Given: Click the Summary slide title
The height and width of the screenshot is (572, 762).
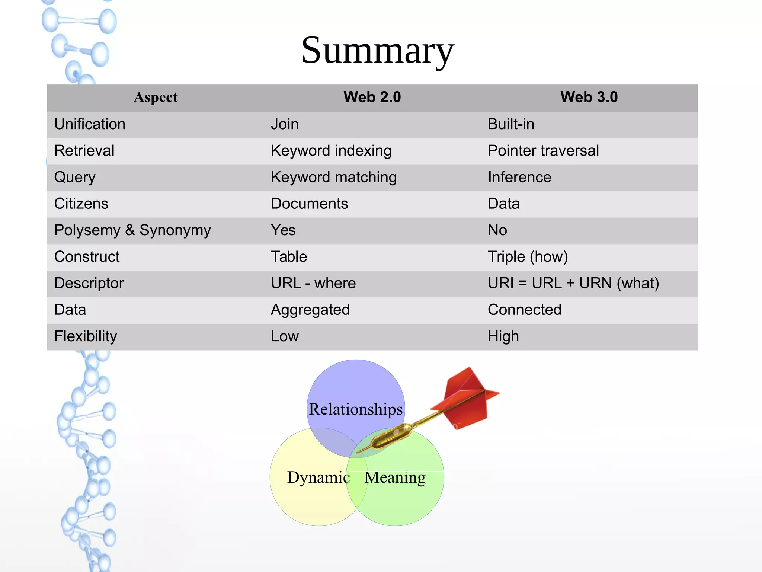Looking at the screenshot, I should [377, 51].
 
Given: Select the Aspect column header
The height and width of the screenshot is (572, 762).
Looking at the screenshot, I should [156, 97].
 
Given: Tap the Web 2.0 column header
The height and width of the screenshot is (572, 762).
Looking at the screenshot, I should [372, 97].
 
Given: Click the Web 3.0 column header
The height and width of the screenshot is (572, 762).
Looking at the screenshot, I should [589, 97].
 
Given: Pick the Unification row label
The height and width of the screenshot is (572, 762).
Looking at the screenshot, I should [90, 124].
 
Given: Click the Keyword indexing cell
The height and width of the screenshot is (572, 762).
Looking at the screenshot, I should [331, 151].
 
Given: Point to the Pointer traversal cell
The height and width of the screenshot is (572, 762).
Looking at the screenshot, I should [543, 151].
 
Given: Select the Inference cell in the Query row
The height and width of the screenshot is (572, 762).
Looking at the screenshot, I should [519, 177].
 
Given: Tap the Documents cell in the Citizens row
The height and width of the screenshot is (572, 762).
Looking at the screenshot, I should [309, 204].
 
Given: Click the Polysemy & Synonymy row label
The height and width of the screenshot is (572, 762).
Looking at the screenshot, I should [132, 230].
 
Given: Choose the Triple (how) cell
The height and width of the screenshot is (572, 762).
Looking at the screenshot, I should [528, 257].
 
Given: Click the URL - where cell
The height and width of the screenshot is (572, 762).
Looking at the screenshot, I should [313, 283].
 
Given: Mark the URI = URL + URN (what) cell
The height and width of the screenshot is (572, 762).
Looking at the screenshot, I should [573, 283].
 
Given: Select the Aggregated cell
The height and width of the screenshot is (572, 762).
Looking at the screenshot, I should [310, 310].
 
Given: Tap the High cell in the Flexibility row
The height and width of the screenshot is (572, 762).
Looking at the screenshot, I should [503, 336].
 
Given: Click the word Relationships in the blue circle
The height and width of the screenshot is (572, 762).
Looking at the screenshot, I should [356, 409].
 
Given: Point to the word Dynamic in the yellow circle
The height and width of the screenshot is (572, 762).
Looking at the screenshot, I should [318, 477].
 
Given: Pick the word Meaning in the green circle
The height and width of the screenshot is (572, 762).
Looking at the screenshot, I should [395, 477].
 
